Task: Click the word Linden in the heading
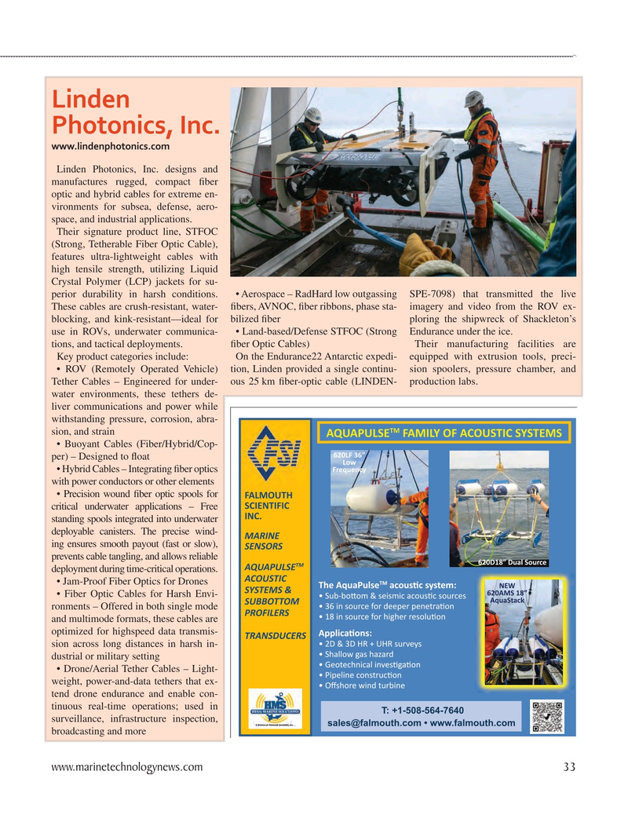tap(90, 99)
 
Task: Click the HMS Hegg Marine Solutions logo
tap(273, 711)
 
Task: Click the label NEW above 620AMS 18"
tap(506, 585)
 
